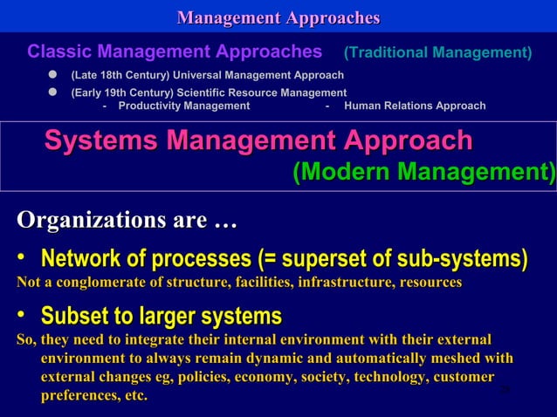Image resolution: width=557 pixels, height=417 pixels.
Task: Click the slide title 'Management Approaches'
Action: [x=278, y=17]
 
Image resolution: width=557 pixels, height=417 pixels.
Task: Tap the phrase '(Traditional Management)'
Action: [x=437, y=53]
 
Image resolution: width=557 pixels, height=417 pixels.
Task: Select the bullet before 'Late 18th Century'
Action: [x=52, y=76]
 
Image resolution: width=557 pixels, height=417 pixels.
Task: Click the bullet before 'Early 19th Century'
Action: [x=52, y=92]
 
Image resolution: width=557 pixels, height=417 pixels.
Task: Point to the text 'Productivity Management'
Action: [x=183, y=106]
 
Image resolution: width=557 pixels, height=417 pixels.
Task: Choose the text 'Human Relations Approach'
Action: [x=416, y=106]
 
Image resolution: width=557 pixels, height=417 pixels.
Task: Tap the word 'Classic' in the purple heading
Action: [x=60, y=52]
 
